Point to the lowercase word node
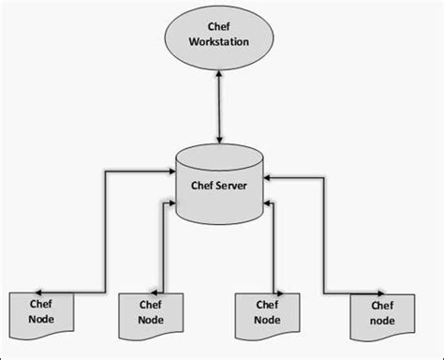coord(381,321)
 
